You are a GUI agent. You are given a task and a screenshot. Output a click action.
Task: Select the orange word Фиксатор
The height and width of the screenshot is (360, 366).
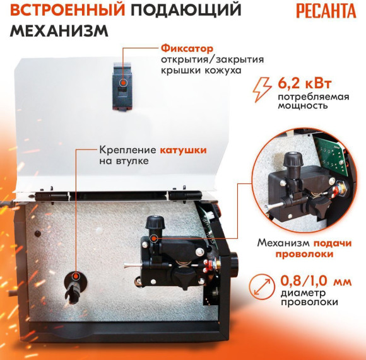[185, 48]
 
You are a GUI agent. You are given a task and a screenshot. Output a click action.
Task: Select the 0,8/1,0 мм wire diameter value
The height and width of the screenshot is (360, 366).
[309, 279]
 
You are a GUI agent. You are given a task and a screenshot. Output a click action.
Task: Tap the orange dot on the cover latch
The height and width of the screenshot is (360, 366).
[122, 83]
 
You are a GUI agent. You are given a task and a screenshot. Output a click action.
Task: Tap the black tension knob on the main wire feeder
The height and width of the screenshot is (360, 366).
[153, 223]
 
